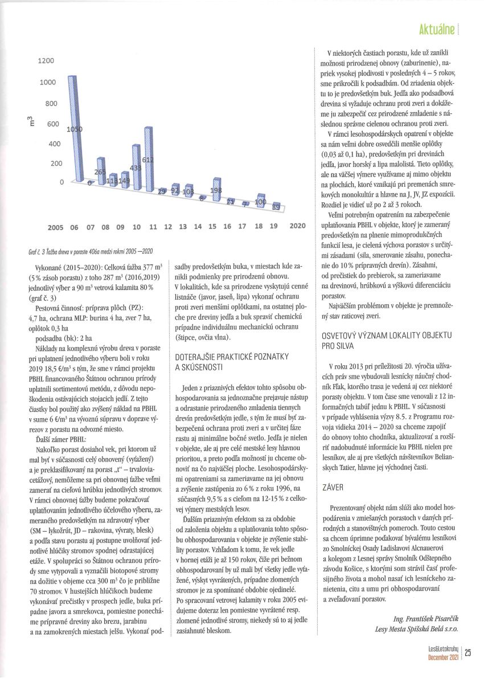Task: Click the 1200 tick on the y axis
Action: [46, 61]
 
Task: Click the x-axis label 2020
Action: [297, 226]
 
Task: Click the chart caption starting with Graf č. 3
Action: [90, 251]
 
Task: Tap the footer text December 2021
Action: [444, 658]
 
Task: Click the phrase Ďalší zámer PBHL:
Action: [55, 424]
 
